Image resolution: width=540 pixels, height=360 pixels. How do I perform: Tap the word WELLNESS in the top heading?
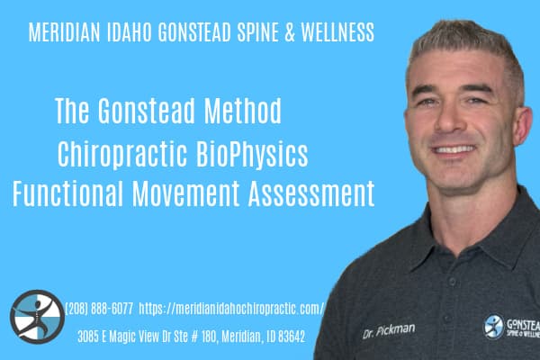point(335,33)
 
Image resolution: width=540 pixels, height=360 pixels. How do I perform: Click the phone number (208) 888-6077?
point(100,310)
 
